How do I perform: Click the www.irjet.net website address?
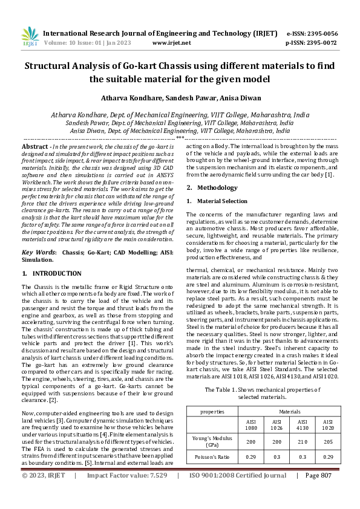pyautogui.click(x=171, y=43)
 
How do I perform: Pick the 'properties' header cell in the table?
pyautogui.click(x=213, y=411)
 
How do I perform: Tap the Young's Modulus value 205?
pyautogui.click(x=327, y=443)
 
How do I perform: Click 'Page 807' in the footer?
pyautogui.click(x=318, y=492)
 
